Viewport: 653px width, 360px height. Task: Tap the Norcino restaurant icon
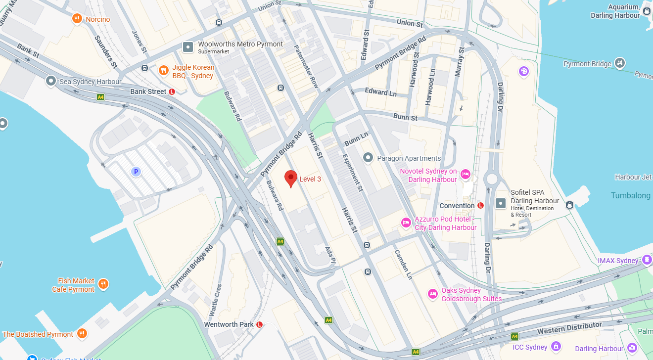[x=77, y=19]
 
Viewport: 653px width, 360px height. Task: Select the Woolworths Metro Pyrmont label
[x=240, y=45]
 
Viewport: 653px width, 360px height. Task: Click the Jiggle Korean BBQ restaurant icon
[x=164, y=71]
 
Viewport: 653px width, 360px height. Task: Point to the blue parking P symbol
[x=136, y=172]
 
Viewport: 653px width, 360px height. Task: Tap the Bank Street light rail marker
[x=172, y=91]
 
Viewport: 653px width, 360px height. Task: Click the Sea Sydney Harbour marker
[x=50, y=81]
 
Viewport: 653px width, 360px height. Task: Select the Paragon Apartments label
[x=409, y=158]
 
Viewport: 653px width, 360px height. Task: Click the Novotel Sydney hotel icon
[x=465, y=174]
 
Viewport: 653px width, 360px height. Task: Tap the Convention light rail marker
[x=480, y=206]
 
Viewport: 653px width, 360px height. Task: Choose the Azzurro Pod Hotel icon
[x=406, y=223]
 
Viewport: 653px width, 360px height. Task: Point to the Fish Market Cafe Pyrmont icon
[x=103, y=284]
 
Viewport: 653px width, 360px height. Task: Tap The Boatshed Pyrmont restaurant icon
[x=82, y=334]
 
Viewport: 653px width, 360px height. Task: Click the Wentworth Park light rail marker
[x=259, y=324]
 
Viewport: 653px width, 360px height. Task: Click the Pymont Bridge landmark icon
[x=619, y=63]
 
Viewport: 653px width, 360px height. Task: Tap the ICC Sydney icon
[x=556, y=347]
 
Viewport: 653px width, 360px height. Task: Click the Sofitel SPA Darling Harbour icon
[x=501, y=203]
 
